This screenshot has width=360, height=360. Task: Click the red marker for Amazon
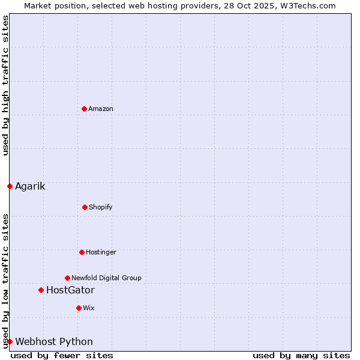point(84,109)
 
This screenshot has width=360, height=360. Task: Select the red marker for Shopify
point(85,207)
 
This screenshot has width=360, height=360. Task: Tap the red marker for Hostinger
point(82,252)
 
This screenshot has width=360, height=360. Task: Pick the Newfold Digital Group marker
point(67,278)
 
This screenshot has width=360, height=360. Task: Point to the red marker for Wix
point(79,308)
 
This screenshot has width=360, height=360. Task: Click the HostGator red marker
point(41,290)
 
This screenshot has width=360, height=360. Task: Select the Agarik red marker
point(10,186)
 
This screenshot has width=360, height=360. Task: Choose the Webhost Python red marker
point(10,341)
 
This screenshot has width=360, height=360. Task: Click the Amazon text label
point(101,109)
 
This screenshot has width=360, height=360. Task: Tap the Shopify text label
point(101,207)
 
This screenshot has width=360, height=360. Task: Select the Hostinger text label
point(101,252)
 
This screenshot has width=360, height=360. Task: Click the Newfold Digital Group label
point(106,278)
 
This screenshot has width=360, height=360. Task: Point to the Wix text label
point(89,308)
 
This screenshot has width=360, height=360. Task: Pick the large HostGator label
point(70,290)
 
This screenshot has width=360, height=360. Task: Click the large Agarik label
point(30,186)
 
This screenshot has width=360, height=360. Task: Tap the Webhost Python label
point(54,342)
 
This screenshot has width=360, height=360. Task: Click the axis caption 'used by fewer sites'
point(62,355)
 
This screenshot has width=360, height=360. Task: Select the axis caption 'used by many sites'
point(301,355)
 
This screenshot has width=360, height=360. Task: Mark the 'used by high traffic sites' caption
point(5,85)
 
